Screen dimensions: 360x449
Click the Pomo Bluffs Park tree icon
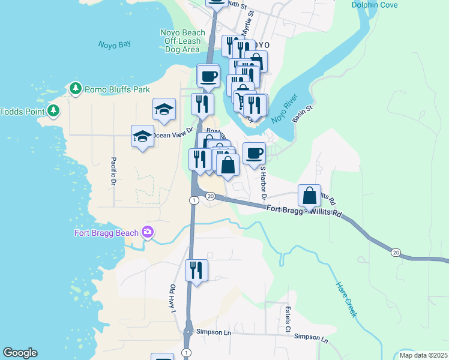[76, 89]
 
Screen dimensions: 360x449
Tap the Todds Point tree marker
[54, 111]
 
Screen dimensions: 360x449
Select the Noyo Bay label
[114, 44]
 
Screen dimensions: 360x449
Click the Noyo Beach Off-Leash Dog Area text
[182, 41]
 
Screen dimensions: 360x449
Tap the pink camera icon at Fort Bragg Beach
[148, 232]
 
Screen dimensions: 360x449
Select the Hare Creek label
[346, 299]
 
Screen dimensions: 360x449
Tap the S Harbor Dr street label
[262, 184]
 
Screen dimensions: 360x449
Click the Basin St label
[304, 114]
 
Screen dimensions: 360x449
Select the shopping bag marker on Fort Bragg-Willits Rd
[309, 196]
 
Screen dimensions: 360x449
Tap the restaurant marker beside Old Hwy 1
[196, 271]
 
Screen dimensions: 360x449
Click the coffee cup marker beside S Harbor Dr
[254, 153]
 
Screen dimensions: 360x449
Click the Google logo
[20, 353]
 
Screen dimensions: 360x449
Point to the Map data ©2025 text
[423, 355]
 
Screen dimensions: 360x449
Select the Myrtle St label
[246, 24]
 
